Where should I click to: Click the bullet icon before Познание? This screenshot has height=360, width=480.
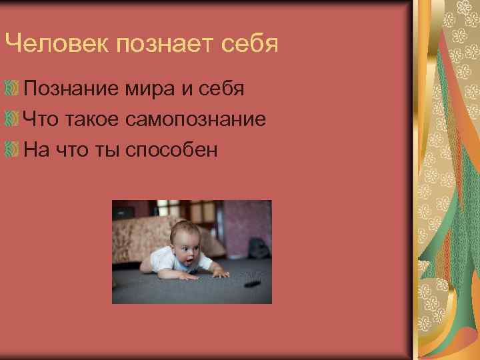click(11, 88)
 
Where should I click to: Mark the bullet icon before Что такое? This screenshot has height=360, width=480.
click(11, 119)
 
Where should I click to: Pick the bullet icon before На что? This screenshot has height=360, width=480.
click(11, 149)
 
